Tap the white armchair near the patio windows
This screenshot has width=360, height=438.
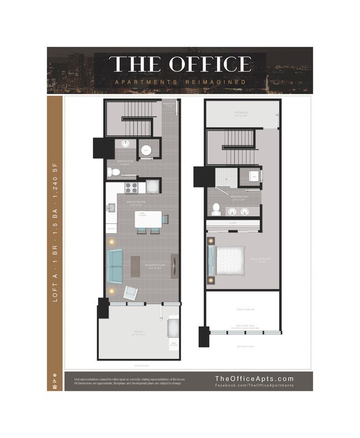tap(131, 292)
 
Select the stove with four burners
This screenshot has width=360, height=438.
tap(131, 187)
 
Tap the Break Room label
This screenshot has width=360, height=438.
tap(135, 203)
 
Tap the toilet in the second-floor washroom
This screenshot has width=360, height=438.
tap(217, 210)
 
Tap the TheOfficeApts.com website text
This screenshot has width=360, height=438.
tap(254, 379)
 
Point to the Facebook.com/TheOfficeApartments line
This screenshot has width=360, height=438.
tap(254, 385)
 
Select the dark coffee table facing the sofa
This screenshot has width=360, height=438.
tap(136, 266)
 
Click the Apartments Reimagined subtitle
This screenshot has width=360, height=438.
tap(180, 83)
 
